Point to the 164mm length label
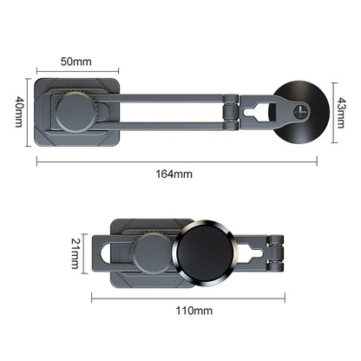click(x=178, y=173)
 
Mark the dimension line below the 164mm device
click(x=177, y=161)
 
